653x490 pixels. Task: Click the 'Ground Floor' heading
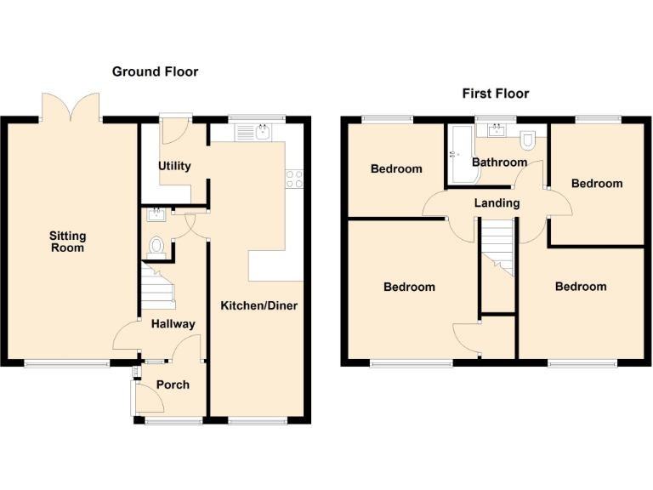(155, 71)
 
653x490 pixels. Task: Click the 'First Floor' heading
(496, 94)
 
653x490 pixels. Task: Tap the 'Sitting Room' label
(67, 242)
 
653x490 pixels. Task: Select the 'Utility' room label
(174, 166)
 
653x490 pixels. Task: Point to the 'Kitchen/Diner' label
(259, 305)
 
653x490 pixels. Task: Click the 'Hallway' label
(173, 324)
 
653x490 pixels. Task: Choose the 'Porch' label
(173, 385)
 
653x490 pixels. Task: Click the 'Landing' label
(497, 203)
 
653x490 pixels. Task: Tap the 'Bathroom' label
(499, 162)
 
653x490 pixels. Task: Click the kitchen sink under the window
(253, 132)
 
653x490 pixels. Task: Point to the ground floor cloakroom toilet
(156, 246)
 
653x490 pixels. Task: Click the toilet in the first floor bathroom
(528, 139)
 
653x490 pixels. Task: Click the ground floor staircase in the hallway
(156, 288)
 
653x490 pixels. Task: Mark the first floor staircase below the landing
(498, 247)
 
